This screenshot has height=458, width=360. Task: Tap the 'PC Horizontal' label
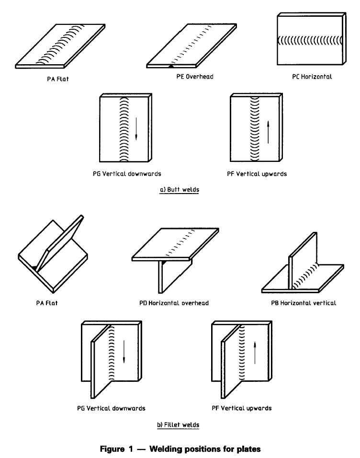coord(312,77)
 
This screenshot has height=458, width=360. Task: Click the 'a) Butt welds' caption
coord(180,190)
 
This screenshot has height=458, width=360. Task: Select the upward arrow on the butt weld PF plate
coord(268,130)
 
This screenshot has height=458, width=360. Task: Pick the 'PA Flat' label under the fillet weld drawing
coord(44,303)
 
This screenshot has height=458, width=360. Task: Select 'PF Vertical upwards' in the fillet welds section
coord(242,408)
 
